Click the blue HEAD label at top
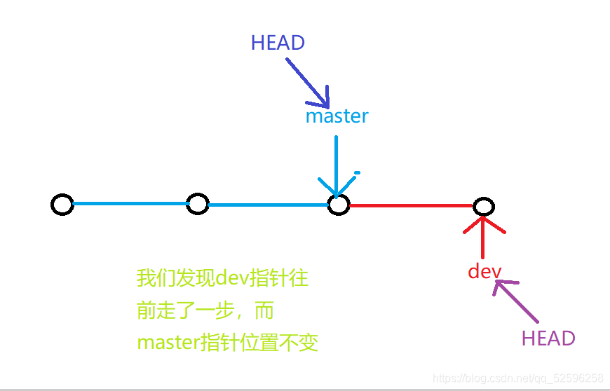tap(278, 43)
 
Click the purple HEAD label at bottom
tap(548, 338)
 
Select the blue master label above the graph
tap(337, 116)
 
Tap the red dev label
tap(484, 271)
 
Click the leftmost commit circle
tap(62, 205)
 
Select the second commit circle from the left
tap(198, 205)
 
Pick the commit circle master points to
tap(339, 205)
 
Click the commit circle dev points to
tap(483, 206)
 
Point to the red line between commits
tap(410, 206)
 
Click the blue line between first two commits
tap(130, 204)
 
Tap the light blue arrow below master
tap(337, 165)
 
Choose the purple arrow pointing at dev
tap(517, 301)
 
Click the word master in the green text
tap(168, 343)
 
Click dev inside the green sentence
tap(228, 279)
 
